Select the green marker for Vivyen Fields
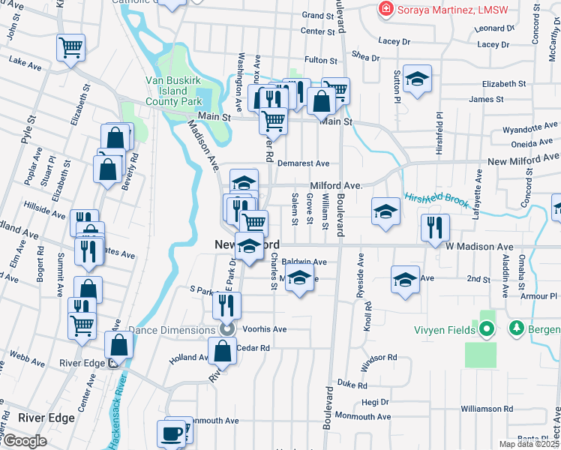(487, 329)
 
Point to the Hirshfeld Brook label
(437, 199)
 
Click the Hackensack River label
(119, 419)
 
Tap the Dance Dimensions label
(176, 329)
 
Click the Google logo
(24, 441)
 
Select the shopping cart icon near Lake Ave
(70, 49)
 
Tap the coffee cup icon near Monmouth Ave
(171, 433)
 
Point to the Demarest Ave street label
(303, 163)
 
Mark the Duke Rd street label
(352, 385)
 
